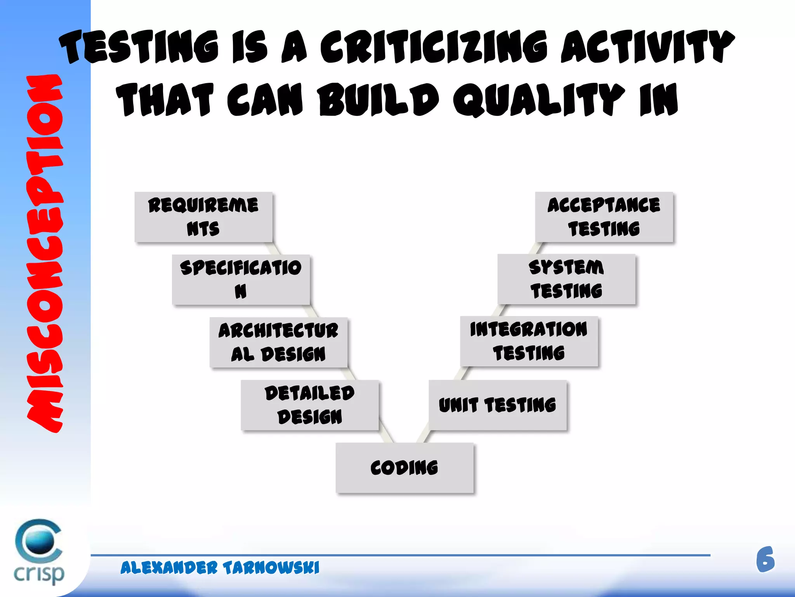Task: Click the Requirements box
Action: click(x=203, y=217)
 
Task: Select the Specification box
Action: click(x=241, y=279)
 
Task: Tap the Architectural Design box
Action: click(x=278, y=342)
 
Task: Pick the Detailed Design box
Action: click(x=309, y=405)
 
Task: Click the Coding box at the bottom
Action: click(x=404, y=468)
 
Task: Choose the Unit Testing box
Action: click(x=497, y=405)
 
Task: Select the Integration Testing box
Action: click(x=529, y=341)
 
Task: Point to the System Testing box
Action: click(x=566, y=279)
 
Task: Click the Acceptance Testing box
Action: click(x=604, y=217)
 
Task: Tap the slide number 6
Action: click(x=765, y=560)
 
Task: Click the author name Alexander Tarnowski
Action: click(x=220, y=568)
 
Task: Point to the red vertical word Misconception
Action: click(x=45, y=253)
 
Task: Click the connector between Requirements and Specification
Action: click(x=273, y=248)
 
